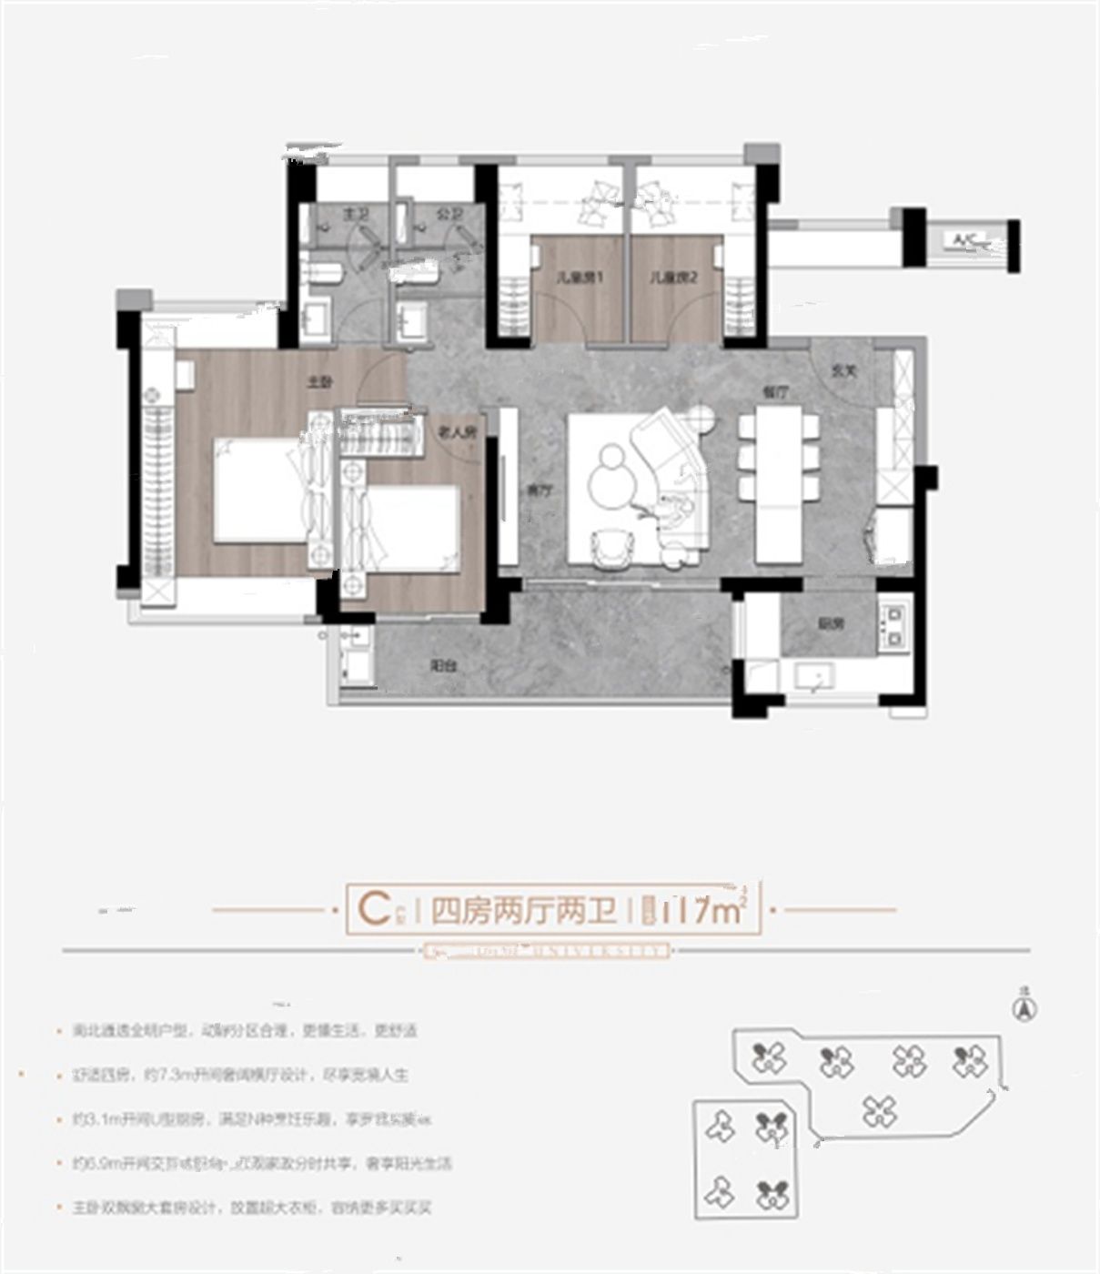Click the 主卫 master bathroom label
[354, 215]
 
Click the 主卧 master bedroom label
[317, 383]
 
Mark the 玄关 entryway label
[843, 371]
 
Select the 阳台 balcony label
[443, 666]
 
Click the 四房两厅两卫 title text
[523, 910]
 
